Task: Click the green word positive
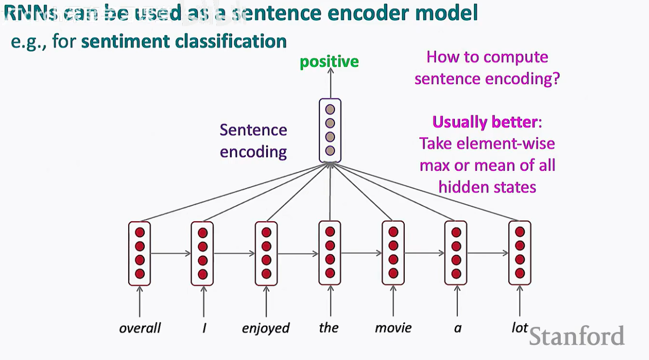[329, 62]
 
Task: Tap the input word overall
[140, 328]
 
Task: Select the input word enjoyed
[266, 329]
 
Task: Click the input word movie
[393, 328]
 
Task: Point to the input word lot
[520, 327]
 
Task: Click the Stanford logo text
[577, 336]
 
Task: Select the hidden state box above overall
[139, 254]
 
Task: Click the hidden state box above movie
[393, 253]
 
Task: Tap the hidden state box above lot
[520, 253]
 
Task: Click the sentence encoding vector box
[330, 130]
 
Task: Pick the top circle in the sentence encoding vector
[330, 109]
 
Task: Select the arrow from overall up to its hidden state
[140, 301]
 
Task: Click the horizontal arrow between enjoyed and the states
[298, 254]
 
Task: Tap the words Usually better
[485, 122]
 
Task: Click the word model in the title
[446, 13]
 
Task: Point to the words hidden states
[487, 187]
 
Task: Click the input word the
[328, 328]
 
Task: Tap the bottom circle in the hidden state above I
[203, 274]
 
